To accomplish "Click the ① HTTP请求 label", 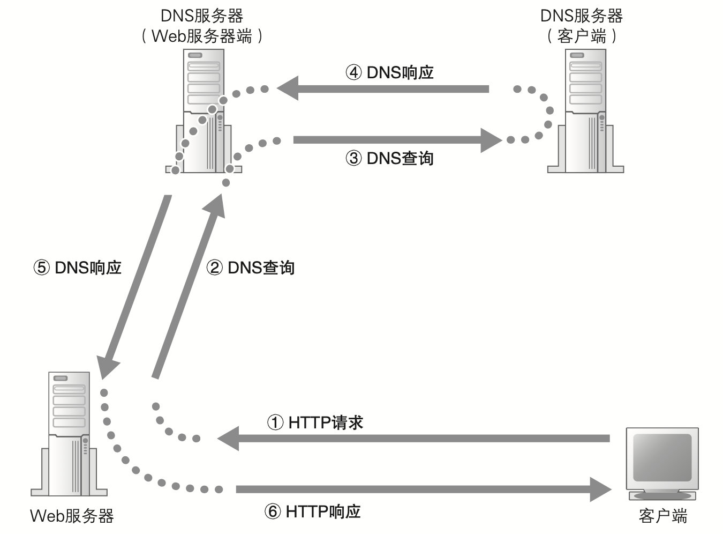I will coord(315,422).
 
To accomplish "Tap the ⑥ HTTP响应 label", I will coord(313,511).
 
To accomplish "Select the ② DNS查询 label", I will coord(251,267).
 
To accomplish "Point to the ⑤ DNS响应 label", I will coord(78,267).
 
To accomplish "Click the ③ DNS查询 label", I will coord(390,158).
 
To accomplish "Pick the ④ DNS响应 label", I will coord(390,72).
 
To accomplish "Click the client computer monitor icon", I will coord(662,461).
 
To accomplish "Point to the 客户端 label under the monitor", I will coord(662,516).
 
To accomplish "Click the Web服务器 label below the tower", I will coord(72,516).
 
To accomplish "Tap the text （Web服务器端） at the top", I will coord(202,36).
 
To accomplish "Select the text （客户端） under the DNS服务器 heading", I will coord(582,36).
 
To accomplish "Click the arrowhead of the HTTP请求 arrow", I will coord(228,439).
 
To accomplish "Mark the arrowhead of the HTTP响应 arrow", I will coord(601,489).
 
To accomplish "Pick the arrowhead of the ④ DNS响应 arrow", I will coord(288,88).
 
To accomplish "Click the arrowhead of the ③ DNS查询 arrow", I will coord(492,140).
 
